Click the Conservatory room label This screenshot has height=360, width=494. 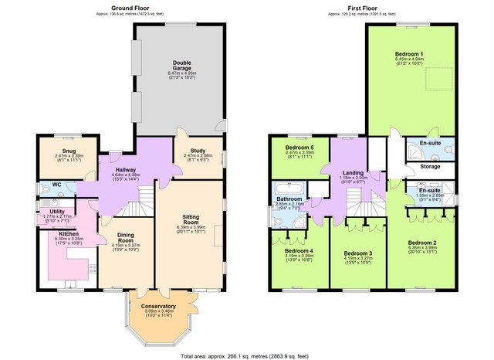point(158,307)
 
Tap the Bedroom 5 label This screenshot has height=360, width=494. point(299,147)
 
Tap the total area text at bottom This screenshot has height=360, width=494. point(246,355)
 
